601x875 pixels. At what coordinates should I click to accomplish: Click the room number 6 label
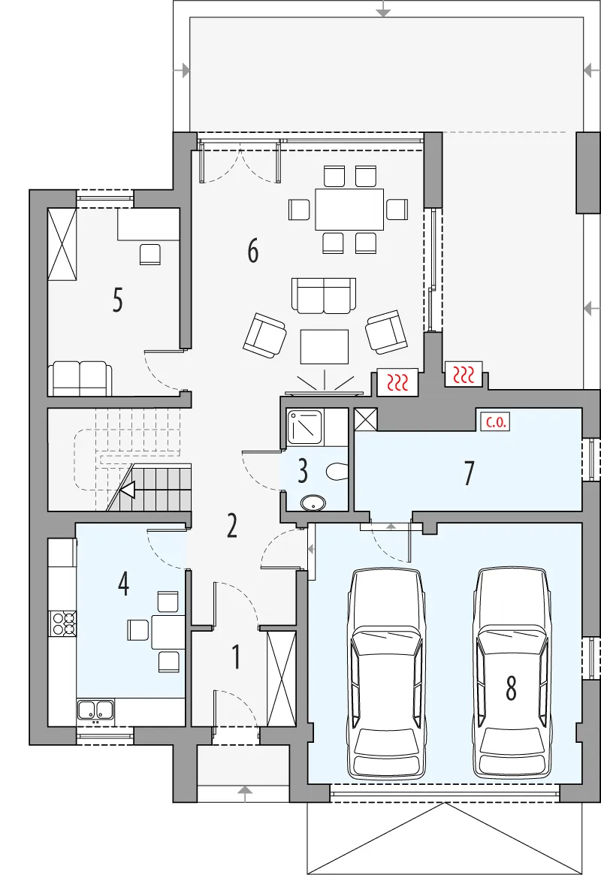pyautogui.click(x=252, y=251)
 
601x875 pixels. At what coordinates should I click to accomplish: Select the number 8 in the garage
pyautogui.click(x=511, y=687)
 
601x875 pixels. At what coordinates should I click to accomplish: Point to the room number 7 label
pyautogui.click(x=470, y=473)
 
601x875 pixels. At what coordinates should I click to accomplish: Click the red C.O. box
pyautogui.click(x=496, y=422)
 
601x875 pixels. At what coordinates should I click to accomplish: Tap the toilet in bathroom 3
pyautogui.click(x=337, y=472)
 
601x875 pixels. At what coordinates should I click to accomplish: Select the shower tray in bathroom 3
pyautogui.click(x=305, y=427)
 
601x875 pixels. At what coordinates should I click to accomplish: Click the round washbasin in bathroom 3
pyautogui.click(x=313, y=503)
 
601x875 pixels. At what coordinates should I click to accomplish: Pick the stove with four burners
pyautogui.click(x=62, y=623)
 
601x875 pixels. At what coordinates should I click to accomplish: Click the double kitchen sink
pyautogui.click(x=95, y=710)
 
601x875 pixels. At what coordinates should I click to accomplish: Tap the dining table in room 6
pyautogui.click(x=349, y=210)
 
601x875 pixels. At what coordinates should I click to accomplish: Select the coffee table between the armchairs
pyautogui.click(x=325, y=346)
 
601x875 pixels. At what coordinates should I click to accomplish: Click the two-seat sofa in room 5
pyautogui.click(x=80, y=379)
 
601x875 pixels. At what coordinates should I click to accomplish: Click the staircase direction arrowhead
pyautogui.click(x=127, y=490)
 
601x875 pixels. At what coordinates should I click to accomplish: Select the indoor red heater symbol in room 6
pyautogui.click(x=397, y=382)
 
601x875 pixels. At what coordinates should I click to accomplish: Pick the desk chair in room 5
pyautogui.click(x=150, y=254)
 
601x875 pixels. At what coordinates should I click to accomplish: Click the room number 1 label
pyautogui.click(x=236, y=656)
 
